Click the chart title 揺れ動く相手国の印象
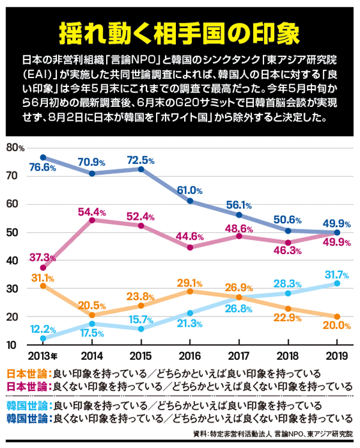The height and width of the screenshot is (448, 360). tap(179, 34)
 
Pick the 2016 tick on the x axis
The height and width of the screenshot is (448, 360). tap(190, 355)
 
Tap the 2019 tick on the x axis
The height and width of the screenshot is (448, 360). tap(337, 355)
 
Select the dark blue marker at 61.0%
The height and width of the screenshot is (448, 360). tap(190, 201)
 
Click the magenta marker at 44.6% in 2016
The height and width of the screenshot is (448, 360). tap(190, 247)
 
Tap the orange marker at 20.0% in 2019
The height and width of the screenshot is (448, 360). tap(337, 316)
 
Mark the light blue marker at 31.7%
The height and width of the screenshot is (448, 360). tap(337, 283)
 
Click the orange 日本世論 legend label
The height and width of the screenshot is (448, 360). tap(27, 373)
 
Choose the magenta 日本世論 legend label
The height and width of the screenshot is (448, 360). tap(27, 386)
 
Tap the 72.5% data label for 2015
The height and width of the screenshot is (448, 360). tap(141, 161)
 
